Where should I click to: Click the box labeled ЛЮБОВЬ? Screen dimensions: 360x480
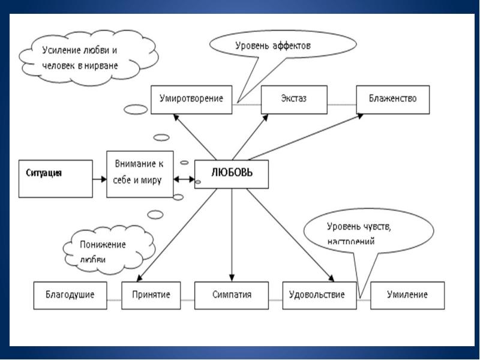(x=231, y=174)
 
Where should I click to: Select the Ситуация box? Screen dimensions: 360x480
(x=55, y=178)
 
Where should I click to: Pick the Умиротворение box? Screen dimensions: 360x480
(x=191, y=100)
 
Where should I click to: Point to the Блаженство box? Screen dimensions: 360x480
(x=393, y=100)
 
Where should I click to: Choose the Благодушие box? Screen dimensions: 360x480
(x=71, y=295)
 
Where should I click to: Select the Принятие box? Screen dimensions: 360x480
(x=151, y=295)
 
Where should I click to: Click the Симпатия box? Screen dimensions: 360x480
(x=232, y=295)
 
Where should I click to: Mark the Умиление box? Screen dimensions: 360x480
(x=407, y=295)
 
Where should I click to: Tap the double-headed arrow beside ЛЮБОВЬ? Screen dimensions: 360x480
(x=184, y=179)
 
